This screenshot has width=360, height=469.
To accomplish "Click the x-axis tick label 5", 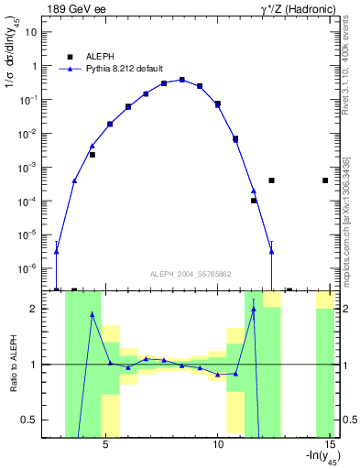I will pyautogui.click(x=106, y=444).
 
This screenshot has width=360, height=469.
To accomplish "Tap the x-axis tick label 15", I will pyautogui.click(x=331, y=444).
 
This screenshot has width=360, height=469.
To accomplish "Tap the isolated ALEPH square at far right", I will pyautogui.click(x=325, y=180).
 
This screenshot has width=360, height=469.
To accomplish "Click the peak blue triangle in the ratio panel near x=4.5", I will pyautogui.click(x=93, y=314).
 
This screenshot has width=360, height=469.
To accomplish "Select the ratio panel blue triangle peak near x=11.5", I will pyautogui.click(x=254, y=309).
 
